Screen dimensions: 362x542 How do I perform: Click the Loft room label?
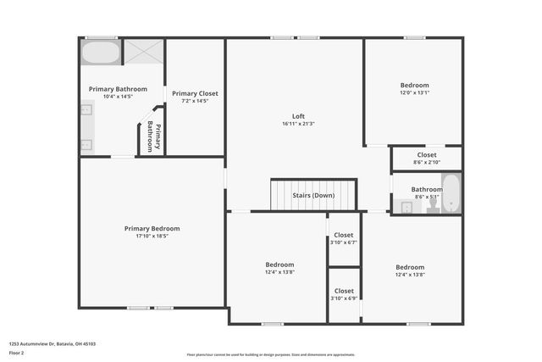(298, 116)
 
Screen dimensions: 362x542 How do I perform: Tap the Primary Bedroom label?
(152, 228)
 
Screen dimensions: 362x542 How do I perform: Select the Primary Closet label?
(195, 93)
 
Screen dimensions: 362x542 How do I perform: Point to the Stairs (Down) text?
(313, 195)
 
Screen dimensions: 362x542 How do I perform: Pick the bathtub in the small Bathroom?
(451, 194)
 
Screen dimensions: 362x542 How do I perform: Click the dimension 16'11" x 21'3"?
(298, 124)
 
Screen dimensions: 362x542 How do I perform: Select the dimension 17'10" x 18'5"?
(152, 236)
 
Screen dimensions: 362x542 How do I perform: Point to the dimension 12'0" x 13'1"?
(415, 92)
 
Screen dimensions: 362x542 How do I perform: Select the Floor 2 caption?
(17, 353)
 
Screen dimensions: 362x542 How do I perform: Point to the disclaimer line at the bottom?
(271, 354)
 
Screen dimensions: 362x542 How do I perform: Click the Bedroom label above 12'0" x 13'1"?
(415, 85)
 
